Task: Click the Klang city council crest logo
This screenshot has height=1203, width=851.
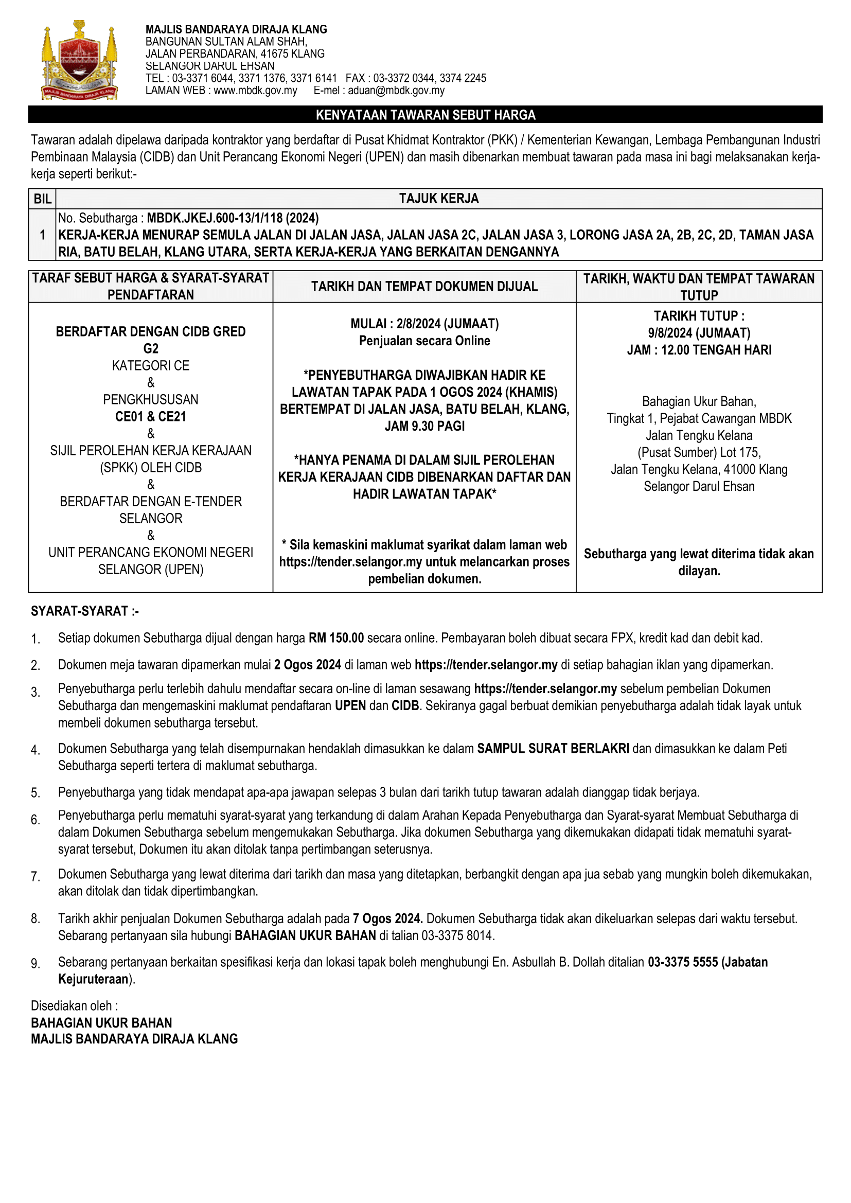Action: [x=79, y=60]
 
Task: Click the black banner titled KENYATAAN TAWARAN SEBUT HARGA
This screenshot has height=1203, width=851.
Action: [x=425, y=115]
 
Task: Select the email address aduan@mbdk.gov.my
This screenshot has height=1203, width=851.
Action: [x=396, y=91]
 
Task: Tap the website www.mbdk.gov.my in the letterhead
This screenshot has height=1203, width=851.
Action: [x=255, y=91]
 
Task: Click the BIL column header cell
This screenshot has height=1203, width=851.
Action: [x=42, y=199]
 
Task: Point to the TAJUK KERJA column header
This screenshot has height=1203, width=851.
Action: [x=438, y=199]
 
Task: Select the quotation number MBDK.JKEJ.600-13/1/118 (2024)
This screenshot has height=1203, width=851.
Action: [x=233, y=218]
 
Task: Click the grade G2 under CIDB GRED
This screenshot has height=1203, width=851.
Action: [x=151, y=348]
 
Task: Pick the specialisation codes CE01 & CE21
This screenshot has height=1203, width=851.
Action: [x=151, y=417]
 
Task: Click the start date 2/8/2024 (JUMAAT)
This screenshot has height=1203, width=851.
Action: [x=447, y=324]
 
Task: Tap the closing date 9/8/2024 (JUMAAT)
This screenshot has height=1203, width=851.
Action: [x=699, y=333]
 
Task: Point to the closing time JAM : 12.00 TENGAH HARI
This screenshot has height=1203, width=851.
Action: [x=699, y=350]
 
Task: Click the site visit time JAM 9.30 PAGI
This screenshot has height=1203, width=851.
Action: [x=424, y=426]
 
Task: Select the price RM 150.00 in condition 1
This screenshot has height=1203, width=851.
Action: [x=336, y=638]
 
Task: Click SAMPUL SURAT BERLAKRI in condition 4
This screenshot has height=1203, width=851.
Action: [x=553, y=749]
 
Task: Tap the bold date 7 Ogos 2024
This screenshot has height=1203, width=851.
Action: [x=388, y=918]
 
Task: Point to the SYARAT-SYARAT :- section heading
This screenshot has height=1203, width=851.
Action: [x=85, y=611]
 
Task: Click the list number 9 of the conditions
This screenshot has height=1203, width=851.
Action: [x=35, y=964]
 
